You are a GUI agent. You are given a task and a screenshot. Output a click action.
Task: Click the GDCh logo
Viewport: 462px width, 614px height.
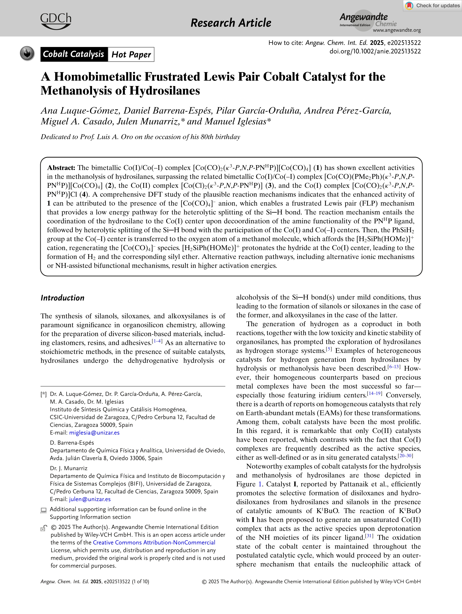(56, 21)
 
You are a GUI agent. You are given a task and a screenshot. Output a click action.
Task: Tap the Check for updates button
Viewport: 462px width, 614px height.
(433, 6)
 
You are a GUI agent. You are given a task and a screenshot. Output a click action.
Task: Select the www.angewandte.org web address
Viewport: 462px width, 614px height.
(397, 30)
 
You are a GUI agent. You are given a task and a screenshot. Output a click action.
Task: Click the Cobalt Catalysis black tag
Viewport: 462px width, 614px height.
(74, 54)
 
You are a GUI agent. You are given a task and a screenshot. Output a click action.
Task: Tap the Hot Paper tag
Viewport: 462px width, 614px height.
(131, 54)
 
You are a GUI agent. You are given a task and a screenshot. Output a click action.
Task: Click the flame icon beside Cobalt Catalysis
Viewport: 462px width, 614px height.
(27, 53)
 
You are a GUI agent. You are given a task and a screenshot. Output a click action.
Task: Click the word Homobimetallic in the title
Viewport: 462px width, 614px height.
(127, 77)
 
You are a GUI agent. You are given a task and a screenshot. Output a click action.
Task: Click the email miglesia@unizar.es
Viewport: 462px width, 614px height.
(94, 432)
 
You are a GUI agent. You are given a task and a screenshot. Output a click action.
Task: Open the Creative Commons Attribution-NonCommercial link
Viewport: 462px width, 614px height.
(154, 542)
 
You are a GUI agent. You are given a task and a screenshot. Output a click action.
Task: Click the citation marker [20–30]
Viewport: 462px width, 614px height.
(405, 456)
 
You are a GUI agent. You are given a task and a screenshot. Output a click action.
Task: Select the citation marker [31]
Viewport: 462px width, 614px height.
(369, 536)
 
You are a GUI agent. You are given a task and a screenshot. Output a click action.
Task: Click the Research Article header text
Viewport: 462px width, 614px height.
(231, 23)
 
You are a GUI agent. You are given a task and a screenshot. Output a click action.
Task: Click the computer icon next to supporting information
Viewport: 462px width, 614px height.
(44, 510)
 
